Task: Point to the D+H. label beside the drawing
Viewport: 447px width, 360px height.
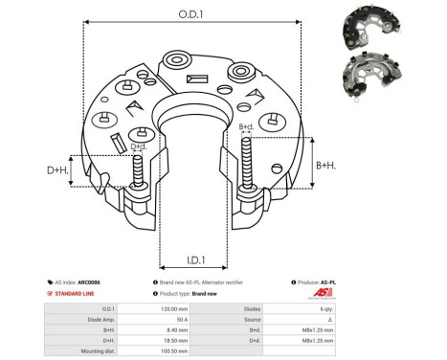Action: pos(58,170)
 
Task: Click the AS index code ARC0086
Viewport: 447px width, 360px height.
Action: pos(90,283)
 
